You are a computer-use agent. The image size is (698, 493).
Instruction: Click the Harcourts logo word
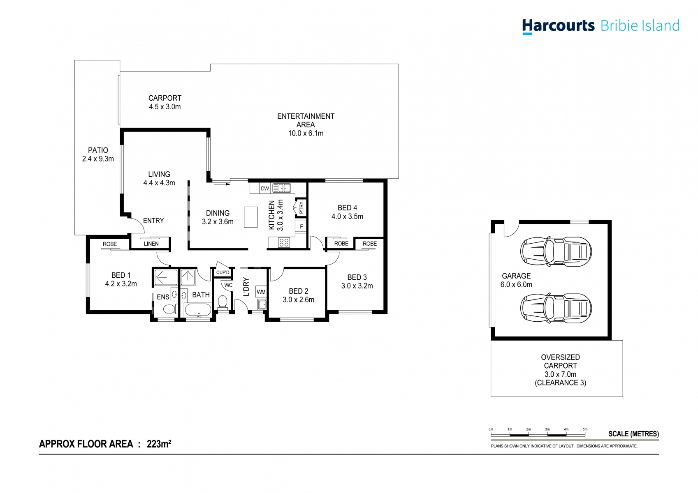(x=558, y=25)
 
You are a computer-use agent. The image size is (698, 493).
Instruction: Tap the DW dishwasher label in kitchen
(x=265, y=189)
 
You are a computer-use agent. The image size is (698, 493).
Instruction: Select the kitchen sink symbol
(x=282, y=188)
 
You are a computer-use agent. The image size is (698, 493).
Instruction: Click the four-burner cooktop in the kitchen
(x=284, y=242)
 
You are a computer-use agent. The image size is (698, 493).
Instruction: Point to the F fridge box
(x=301, y=226)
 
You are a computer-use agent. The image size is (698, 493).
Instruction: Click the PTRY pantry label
(x=301, y=208)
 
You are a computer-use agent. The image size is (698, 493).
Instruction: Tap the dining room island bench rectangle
(x=250, y=217)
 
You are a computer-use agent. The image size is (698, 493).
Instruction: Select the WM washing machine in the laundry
(x=261, y=292)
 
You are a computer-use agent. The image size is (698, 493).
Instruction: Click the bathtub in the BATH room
(x=198, y=310)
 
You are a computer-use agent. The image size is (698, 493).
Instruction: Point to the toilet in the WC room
(x=223, y=302)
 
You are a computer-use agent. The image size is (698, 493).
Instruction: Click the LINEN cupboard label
(x=151, y=244)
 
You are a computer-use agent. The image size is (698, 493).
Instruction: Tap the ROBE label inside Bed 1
(x=110, y=244)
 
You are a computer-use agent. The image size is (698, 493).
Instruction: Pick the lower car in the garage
(x=556, y=308)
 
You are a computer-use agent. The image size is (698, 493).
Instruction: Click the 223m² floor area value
(x=159, y=444)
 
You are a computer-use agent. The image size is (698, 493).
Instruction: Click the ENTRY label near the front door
(x=153, y=221)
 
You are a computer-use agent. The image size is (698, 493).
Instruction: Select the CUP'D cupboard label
(x=223, y=272)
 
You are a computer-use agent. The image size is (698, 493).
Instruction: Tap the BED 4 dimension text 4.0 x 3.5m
(x=347, y=217)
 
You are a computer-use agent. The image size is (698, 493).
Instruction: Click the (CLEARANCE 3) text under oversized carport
(x=560, y=383)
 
